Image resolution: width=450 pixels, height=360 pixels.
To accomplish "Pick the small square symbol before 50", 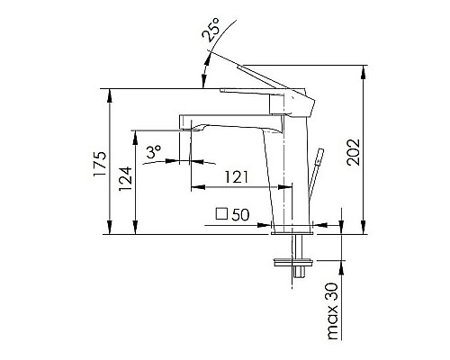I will pos(222,214).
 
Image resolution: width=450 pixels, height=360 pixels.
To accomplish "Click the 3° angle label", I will pos(154,154).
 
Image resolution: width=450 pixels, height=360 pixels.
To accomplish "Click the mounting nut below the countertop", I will pos(293,265).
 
